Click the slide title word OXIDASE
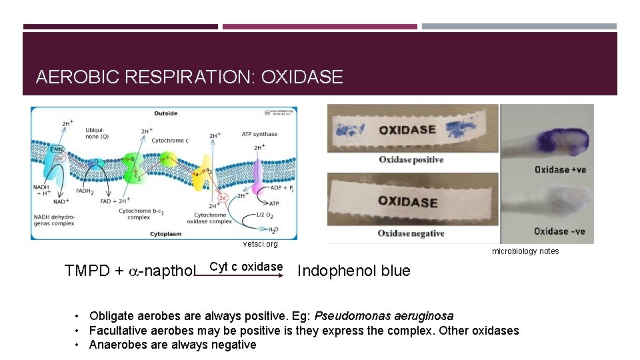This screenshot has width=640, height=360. (x=302, y=77)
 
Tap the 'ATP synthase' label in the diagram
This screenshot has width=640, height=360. (x=260, y=134)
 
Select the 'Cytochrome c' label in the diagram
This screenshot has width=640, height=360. (x=169, y=141)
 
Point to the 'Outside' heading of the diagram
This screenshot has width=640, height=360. (x=165, y=113)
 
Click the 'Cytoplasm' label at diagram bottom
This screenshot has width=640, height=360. (x=164, y=235)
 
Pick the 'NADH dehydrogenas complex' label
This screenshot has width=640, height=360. (x=55, y=217)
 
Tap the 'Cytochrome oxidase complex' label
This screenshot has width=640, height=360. (x=211, y=218)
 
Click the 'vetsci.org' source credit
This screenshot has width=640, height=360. (x=260, y=245)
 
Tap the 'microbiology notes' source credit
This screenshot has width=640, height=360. (x=525, y=251)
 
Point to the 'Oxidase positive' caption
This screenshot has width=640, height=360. (x=411, y=159)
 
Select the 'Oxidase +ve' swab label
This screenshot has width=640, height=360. (x=560, y=169)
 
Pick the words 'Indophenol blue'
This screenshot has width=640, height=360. (x=353, y=271)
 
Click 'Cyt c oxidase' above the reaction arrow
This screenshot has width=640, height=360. (x=246, y=267)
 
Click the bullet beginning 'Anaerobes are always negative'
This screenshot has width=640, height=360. (x=172, y=345)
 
